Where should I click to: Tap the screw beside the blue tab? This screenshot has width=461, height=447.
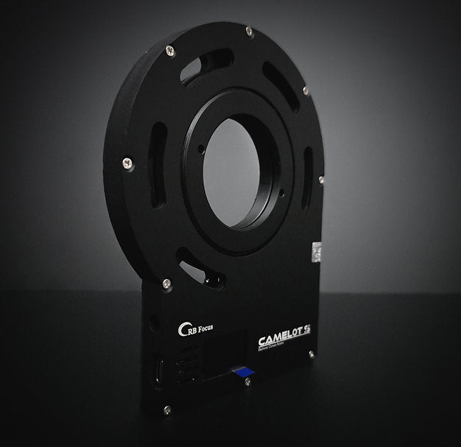(x=247, y=383)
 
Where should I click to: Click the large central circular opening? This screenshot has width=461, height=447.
(x=232, y=174)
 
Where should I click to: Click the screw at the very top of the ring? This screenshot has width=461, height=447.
(x=250, y=32)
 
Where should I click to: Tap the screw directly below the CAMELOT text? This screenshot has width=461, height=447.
(x=311, y=354)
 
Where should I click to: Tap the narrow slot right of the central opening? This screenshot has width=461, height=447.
(x=307, y=177)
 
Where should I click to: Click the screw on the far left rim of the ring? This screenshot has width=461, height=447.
(x=127, y=163)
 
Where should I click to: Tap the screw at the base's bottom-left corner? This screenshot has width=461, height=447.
(x=167, y=409)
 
